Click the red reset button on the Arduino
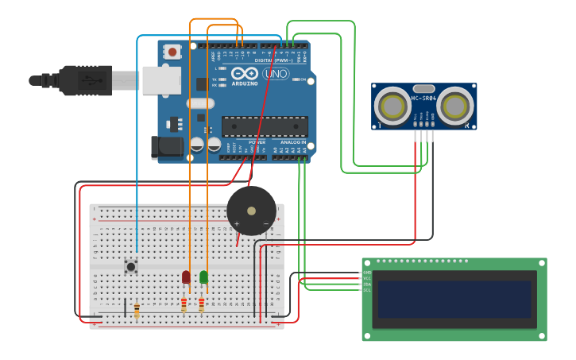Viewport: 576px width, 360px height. click(172, 52)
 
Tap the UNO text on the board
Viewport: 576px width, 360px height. click(276, 74)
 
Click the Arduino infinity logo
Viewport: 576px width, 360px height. click(245, 73)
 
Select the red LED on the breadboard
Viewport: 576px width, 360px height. click(186, 277)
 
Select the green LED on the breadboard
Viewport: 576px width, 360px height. click(204, 277)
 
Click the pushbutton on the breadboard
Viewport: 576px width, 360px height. click(131, 266)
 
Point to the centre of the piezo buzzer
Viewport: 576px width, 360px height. click(252, 211)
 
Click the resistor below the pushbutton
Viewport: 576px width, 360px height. click(137, 309)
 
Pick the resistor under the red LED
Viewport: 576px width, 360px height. click(184, 304)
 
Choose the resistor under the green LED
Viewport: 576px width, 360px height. click(202, 304)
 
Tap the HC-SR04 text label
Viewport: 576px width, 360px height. click(423, 99)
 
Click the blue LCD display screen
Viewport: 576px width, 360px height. click(454, 299)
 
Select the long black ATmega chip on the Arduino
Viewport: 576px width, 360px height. click(265, 126)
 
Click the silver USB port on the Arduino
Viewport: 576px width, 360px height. click(162, 80)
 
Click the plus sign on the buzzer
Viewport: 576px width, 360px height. click(236, 224)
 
